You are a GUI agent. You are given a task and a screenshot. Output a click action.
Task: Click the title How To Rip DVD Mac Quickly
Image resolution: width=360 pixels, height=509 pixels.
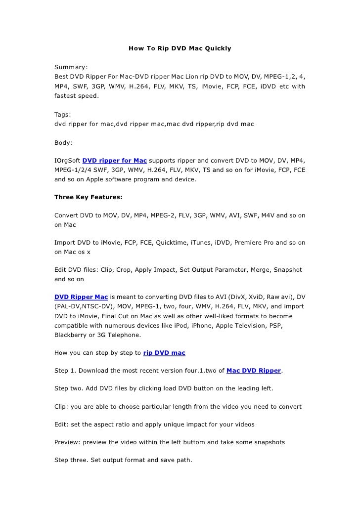180,49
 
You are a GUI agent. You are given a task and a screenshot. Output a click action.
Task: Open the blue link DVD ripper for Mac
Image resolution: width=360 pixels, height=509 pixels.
114,161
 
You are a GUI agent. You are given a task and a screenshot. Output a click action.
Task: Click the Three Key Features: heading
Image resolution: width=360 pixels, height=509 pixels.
88,197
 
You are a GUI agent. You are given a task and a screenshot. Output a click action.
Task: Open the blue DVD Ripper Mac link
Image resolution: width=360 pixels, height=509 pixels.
81,297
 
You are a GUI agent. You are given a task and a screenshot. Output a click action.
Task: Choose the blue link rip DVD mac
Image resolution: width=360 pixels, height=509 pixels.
164,353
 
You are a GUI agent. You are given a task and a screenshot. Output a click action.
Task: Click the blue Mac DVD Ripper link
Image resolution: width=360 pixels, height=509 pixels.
253,370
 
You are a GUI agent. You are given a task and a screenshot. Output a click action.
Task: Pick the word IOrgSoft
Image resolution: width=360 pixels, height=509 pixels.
67,161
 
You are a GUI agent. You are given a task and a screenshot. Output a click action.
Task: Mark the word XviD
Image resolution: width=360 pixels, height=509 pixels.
253,297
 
